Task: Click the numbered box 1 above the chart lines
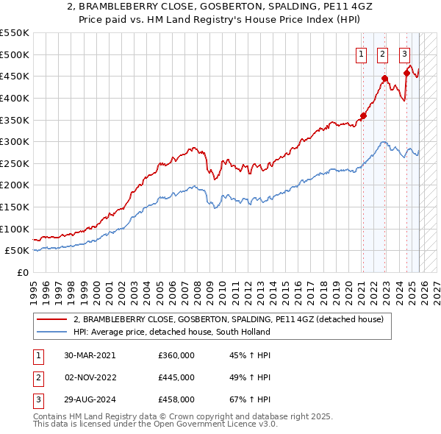tap(362, 53)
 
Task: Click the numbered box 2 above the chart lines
tap(383, 53)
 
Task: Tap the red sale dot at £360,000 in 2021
tap(362, 115)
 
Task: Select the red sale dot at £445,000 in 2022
tap(384, 78)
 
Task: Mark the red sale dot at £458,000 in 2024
tap(406, 72)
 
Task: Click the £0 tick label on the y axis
tap(23, 272)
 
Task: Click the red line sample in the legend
tap(52, 320)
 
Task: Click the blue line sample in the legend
tap(52, 332)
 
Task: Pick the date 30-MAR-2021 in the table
tap(90, 355)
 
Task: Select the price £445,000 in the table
tap(176, 377)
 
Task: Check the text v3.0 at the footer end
tap(266, 425)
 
